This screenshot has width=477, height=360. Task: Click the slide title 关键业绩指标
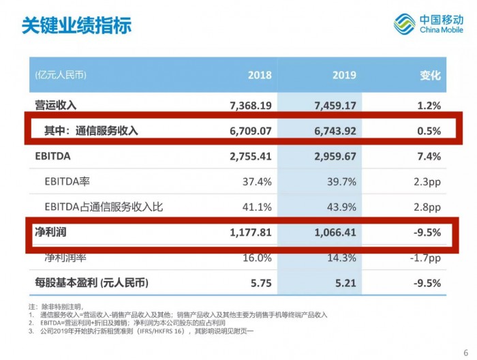click(76, 25)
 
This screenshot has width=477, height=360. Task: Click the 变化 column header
click(430, 75)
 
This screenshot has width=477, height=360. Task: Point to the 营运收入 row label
click(56, 105)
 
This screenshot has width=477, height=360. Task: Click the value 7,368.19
click(251, 105)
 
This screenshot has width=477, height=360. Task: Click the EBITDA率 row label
click(69, 181)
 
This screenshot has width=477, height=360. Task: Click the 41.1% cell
click(258, 207)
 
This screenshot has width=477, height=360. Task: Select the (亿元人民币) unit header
click(61, 75)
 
